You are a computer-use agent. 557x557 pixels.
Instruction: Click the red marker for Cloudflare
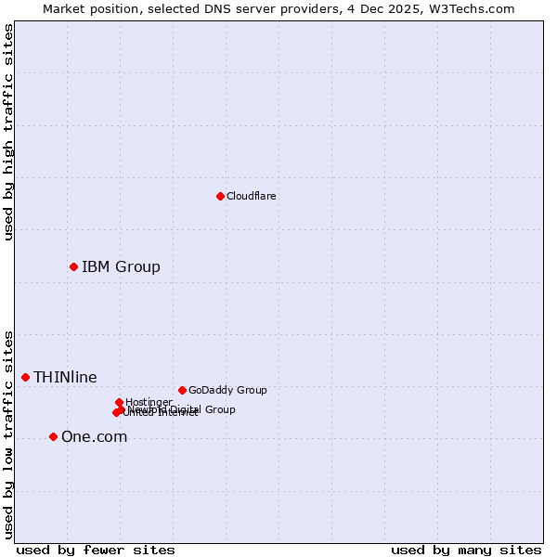[220, 196]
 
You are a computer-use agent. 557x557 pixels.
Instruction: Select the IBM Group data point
[73, 266]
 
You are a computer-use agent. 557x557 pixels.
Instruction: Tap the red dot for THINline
[25, 377]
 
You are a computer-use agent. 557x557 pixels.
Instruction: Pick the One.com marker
[53, 436]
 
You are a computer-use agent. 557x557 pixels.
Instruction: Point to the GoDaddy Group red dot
[182, 390]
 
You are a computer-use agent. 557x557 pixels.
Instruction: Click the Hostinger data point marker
[119, 402]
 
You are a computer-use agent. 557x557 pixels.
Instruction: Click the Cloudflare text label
[252, 196]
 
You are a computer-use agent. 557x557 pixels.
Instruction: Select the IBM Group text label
[121, 266]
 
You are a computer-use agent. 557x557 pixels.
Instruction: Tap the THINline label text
[65, 377]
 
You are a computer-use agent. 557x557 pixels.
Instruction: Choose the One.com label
[94, 436]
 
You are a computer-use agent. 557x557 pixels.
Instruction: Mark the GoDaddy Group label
[227, 390]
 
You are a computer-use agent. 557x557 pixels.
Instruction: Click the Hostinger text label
[149, 402]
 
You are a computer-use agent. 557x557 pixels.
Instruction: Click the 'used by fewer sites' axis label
[96, 550]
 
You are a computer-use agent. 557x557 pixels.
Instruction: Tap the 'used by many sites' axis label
[466, 550]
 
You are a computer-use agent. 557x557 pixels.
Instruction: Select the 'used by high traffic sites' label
[8, 132]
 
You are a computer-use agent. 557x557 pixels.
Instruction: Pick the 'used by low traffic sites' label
[8, 434]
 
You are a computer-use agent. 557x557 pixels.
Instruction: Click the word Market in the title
[64, 8]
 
